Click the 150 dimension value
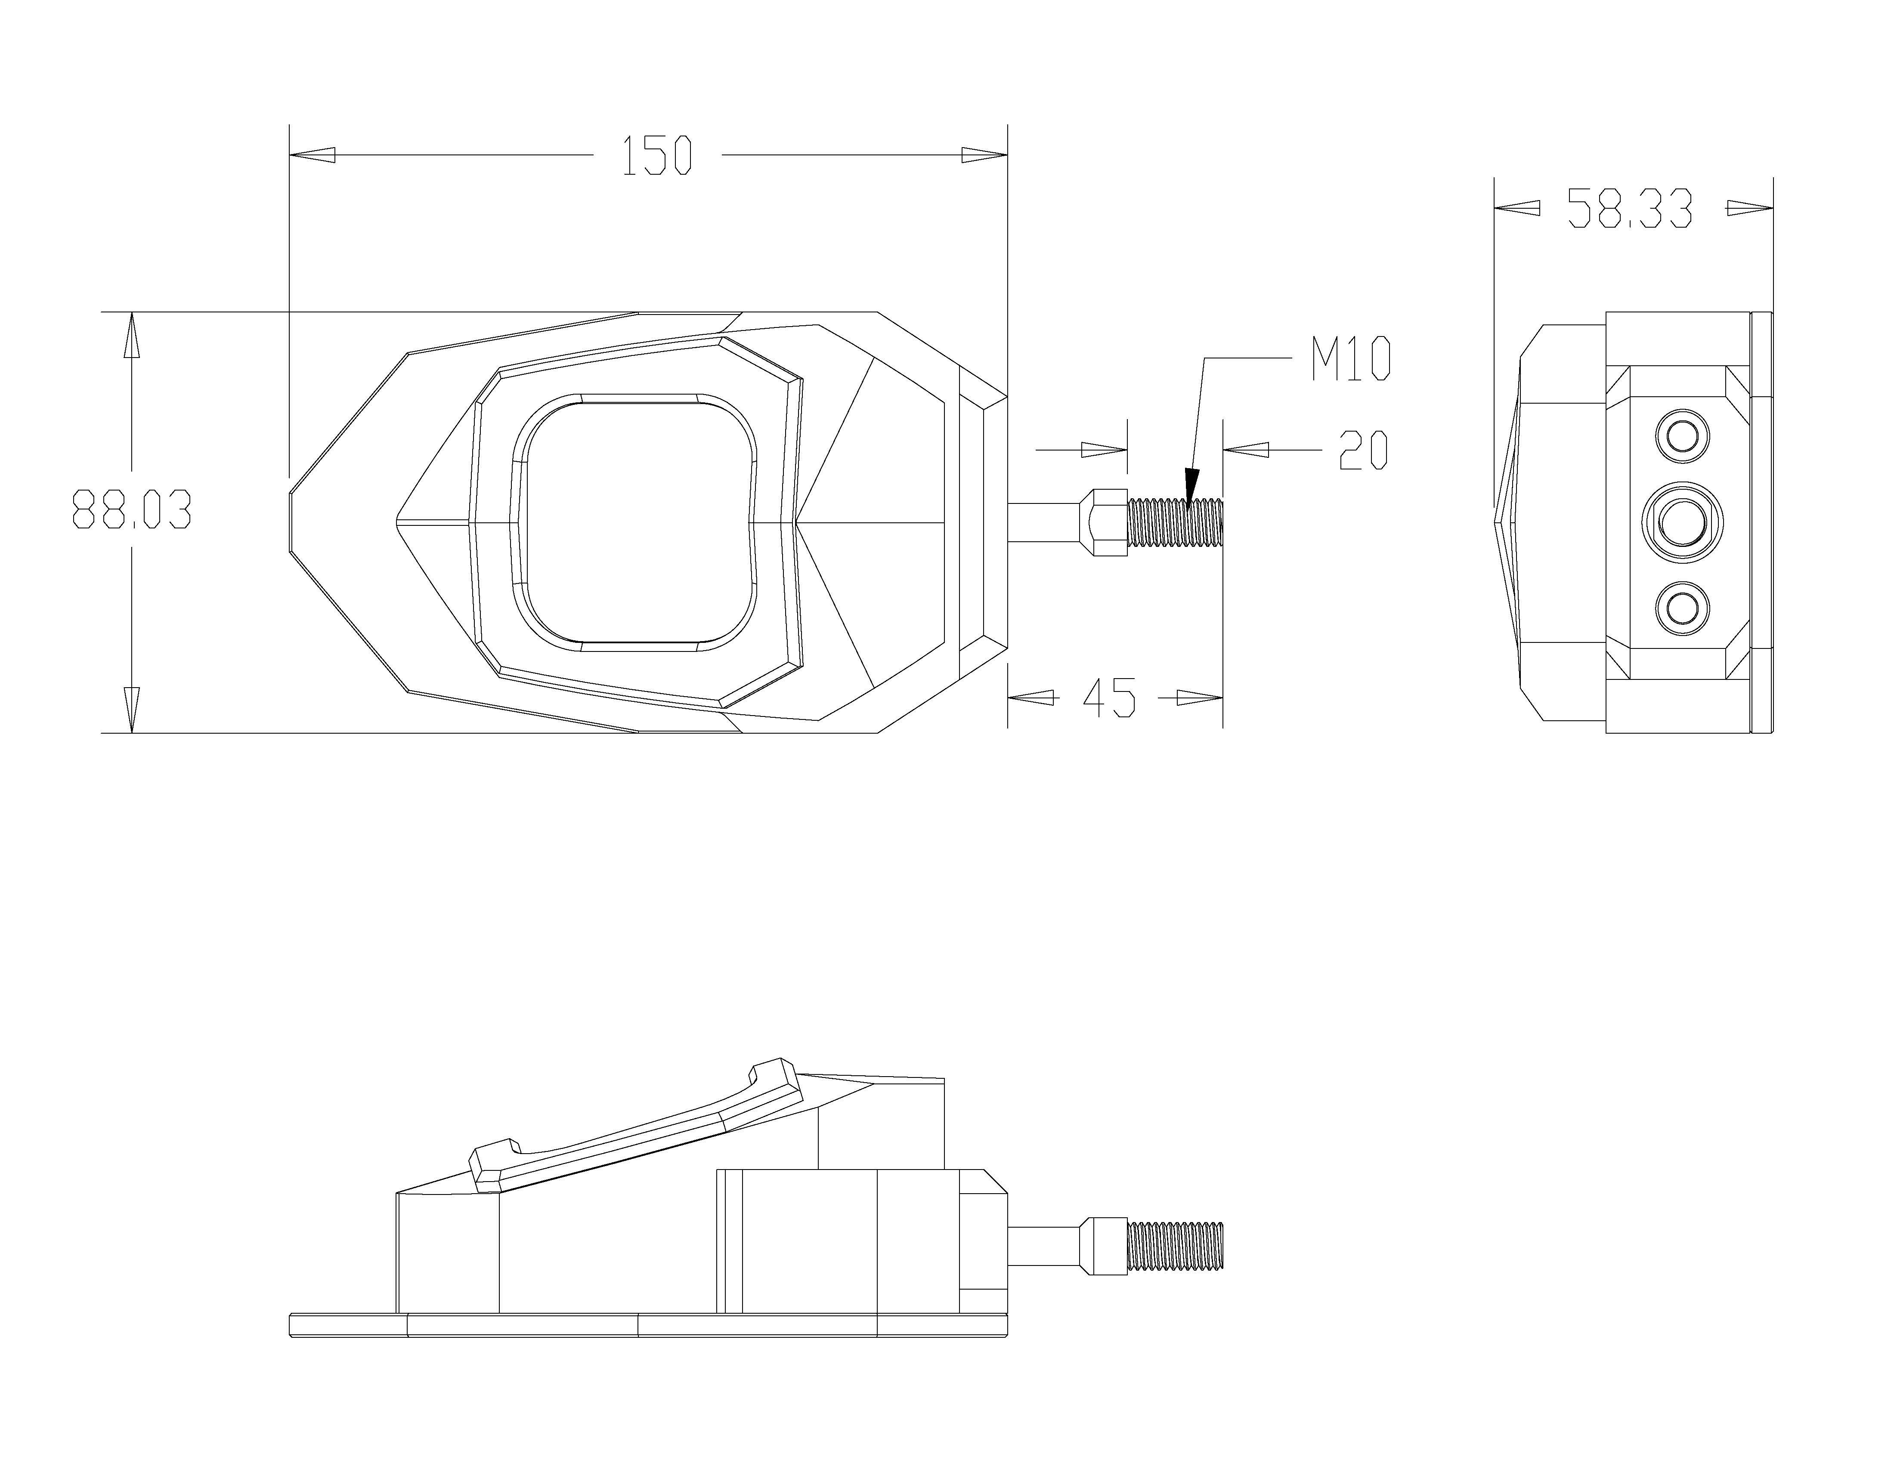[657, 156]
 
